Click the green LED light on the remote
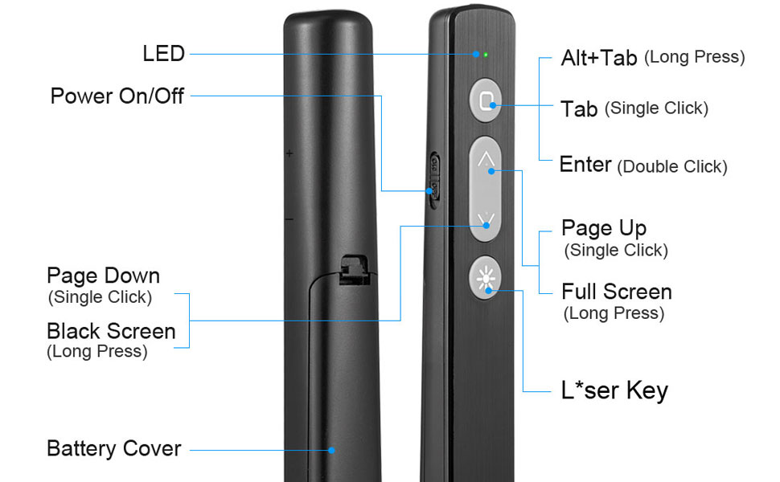[486, 55]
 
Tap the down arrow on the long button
[486, 219]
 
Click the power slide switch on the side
[435, 178]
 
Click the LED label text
[164, 54]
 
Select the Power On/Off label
[117, 96]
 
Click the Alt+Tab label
[599, 58]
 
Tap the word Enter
[585, 165]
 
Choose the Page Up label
[604, 228]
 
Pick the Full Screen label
[617, 292]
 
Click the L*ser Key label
[614, 391]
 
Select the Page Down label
[103, 276]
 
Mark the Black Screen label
[111, 331]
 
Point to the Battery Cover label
[114, 448]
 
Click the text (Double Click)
[672, 167]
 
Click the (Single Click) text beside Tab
[657, 108]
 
